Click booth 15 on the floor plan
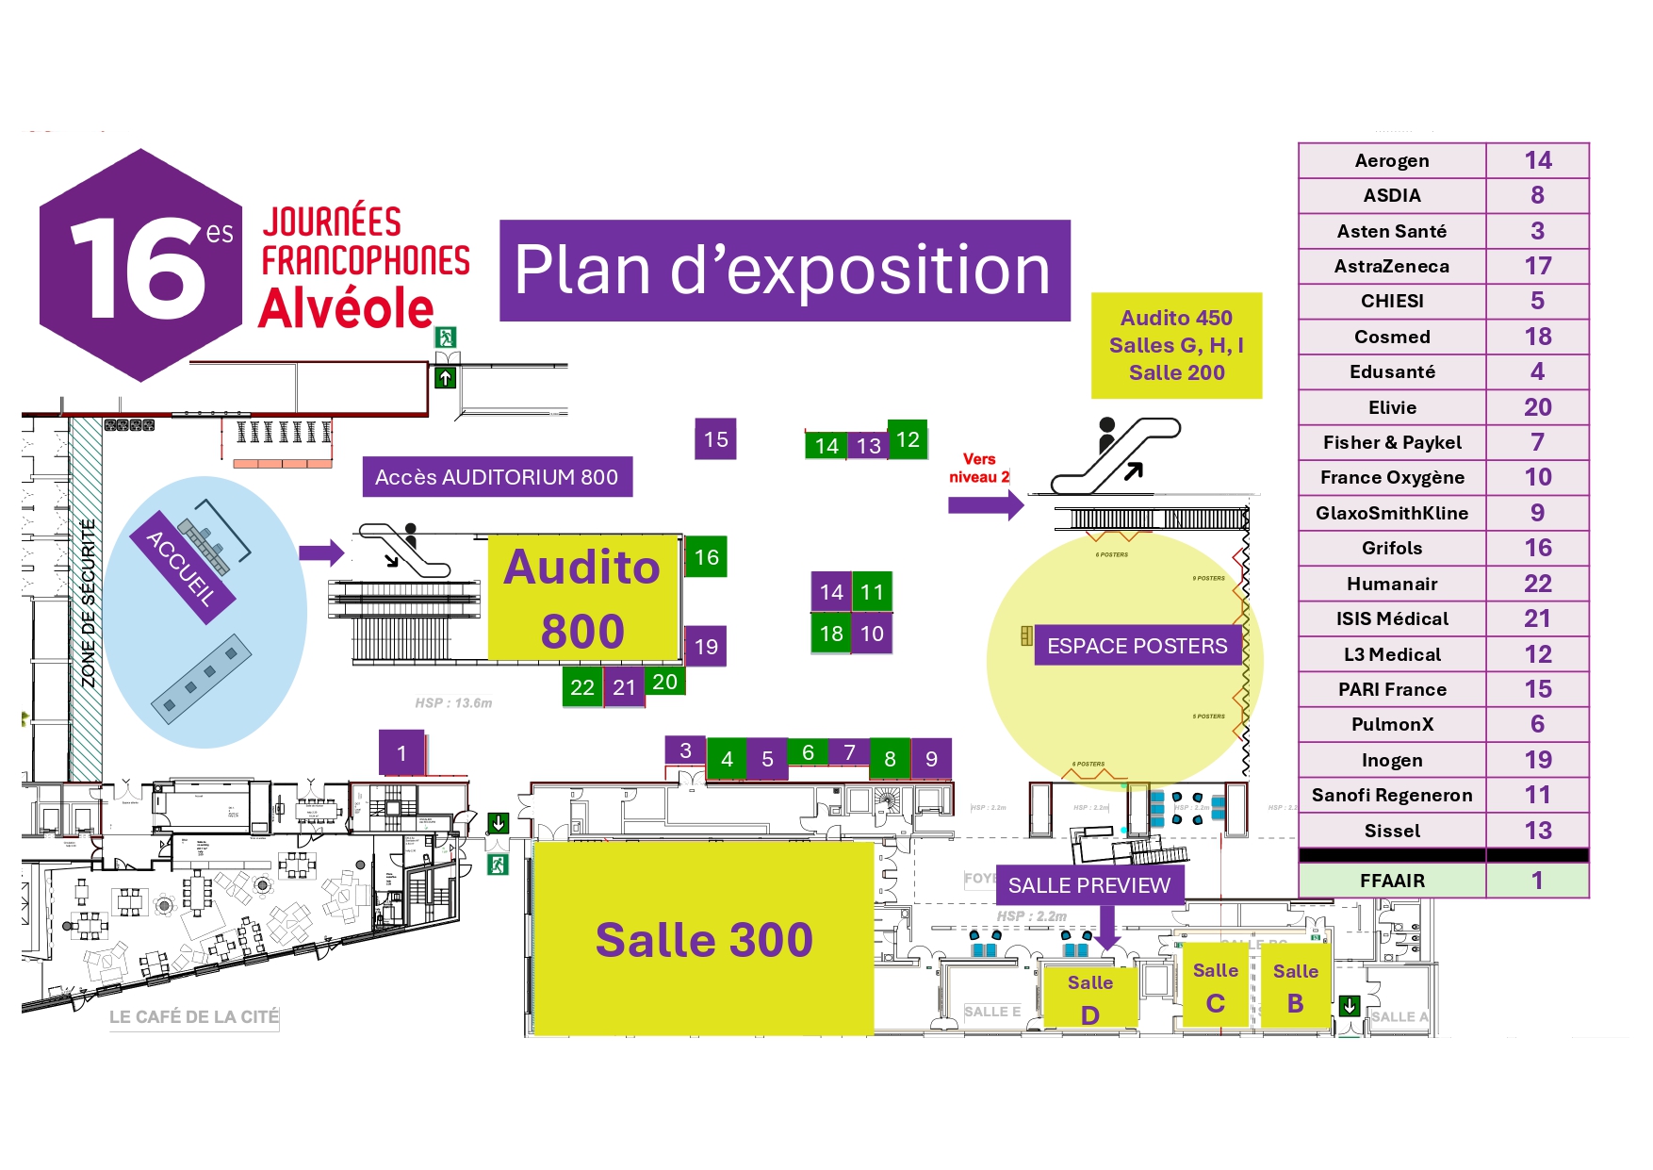(715, 439)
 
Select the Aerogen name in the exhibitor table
(1391, 160)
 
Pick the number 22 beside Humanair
(1537, 584)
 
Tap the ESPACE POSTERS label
(1137, 646)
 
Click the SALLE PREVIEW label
(1088, 885)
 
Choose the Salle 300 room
(703, 939)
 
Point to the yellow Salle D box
(1089, 998)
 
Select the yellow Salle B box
(1295, 987)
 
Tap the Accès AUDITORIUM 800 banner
(497, 477)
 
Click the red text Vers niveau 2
(978, 468)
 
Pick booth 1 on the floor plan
(401, 753)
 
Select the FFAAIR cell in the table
(1391, 881)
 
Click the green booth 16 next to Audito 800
(706, 557)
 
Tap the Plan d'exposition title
(784, 271)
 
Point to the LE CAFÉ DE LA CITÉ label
(193, 1017)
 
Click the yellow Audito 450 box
(1176, 345)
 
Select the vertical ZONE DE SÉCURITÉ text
(88, 603)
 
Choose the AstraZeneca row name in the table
(1391, 266)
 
